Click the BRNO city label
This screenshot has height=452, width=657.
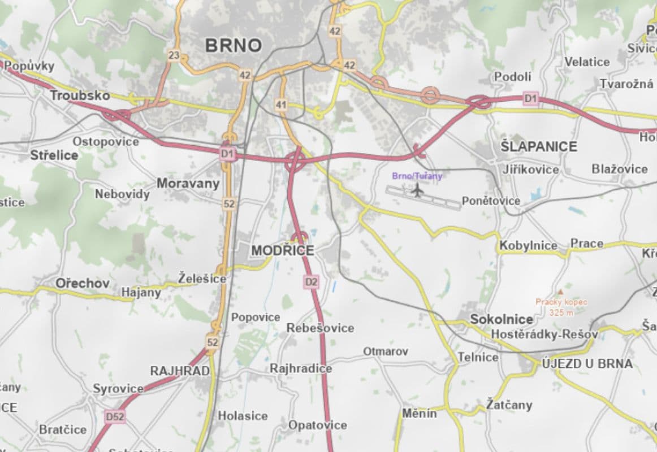[234, 45]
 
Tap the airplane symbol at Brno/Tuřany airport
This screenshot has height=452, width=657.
[418, 191]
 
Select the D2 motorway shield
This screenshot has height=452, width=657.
[311, 281]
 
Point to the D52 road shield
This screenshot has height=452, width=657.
[115, 417]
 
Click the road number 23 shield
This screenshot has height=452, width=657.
[174, 55]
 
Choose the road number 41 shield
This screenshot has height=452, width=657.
[281, 105]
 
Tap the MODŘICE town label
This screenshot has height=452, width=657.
[282, 250]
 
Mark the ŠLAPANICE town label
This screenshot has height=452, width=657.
[539, 147]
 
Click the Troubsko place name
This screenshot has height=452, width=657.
[80, 95]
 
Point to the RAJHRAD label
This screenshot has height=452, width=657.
[179, 371]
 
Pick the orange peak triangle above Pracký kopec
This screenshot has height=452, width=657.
[560, 292]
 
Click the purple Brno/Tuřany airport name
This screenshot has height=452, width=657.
[417, 176]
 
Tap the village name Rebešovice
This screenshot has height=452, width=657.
[320, 328]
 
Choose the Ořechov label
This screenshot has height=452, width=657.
[82, 283]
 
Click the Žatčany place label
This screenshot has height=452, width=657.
[509, 405]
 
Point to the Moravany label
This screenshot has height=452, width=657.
[188, 184]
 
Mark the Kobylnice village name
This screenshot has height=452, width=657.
[528, 246]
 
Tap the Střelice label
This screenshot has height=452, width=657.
[54, 155]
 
